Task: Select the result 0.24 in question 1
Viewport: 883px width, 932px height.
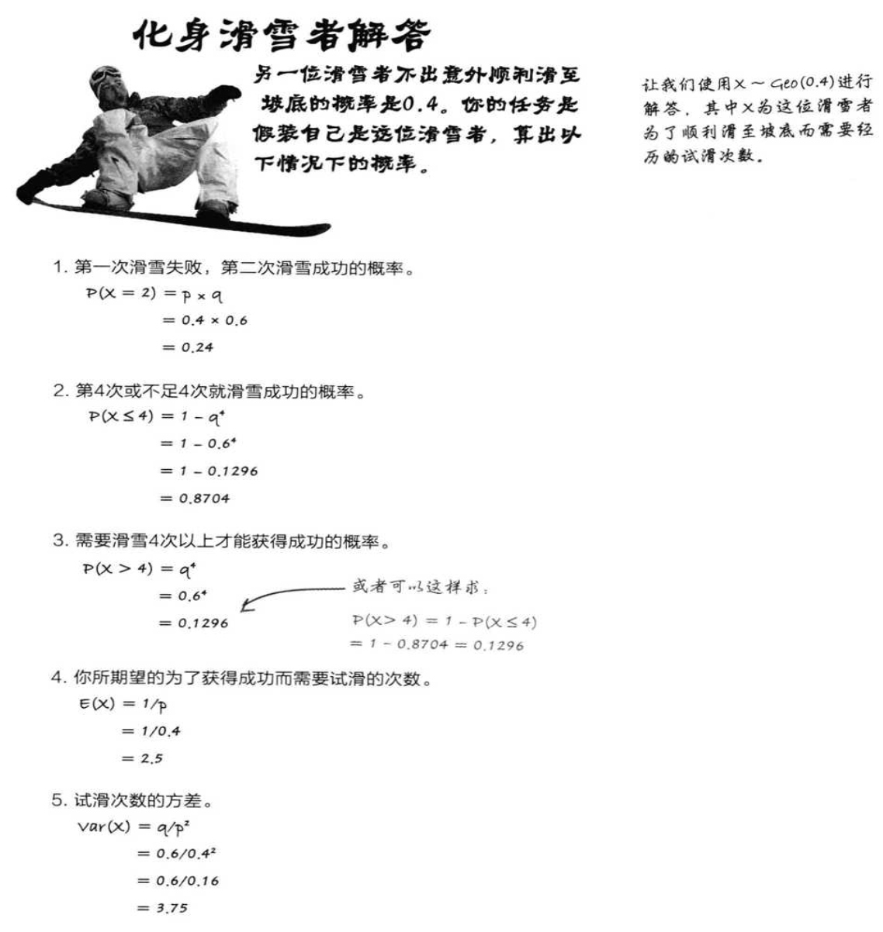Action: pyautogui.click(x=197, y=347)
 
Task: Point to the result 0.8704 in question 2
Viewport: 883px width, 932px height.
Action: pyautogui.click(x=204, y=499)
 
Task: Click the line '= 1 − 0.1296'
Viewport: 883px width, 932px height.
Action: pyautogui.click(x=209, y=471)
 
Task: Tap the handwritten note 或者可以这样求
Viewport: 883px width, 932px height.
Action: pyautogui.click(x=420, y=587)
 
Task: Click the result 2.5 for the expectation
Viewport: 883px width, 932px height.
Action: pyautogui.click(x=151, y=758)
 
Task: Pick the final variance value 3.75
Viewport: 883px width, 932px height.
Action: pyautogui.click(x=172, y=908)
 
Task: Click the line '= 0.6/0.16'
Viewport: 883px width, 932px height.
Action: pyautogui.click(x=178, y=881)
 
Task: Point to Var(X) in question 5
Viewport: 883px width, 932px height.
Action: pyautogui.click(x=102, y=827)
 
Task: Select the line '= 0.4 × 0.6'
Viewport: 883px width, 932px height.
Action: pyautogui.click(x=205, y=320)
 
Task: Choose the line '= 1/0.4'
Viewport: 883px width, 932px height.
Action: pyautogui.click(x=151, y=731)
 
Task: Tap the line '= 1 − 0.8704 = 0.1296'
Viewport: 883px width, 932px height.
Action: pyautogui.click(x=436, y=644)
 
